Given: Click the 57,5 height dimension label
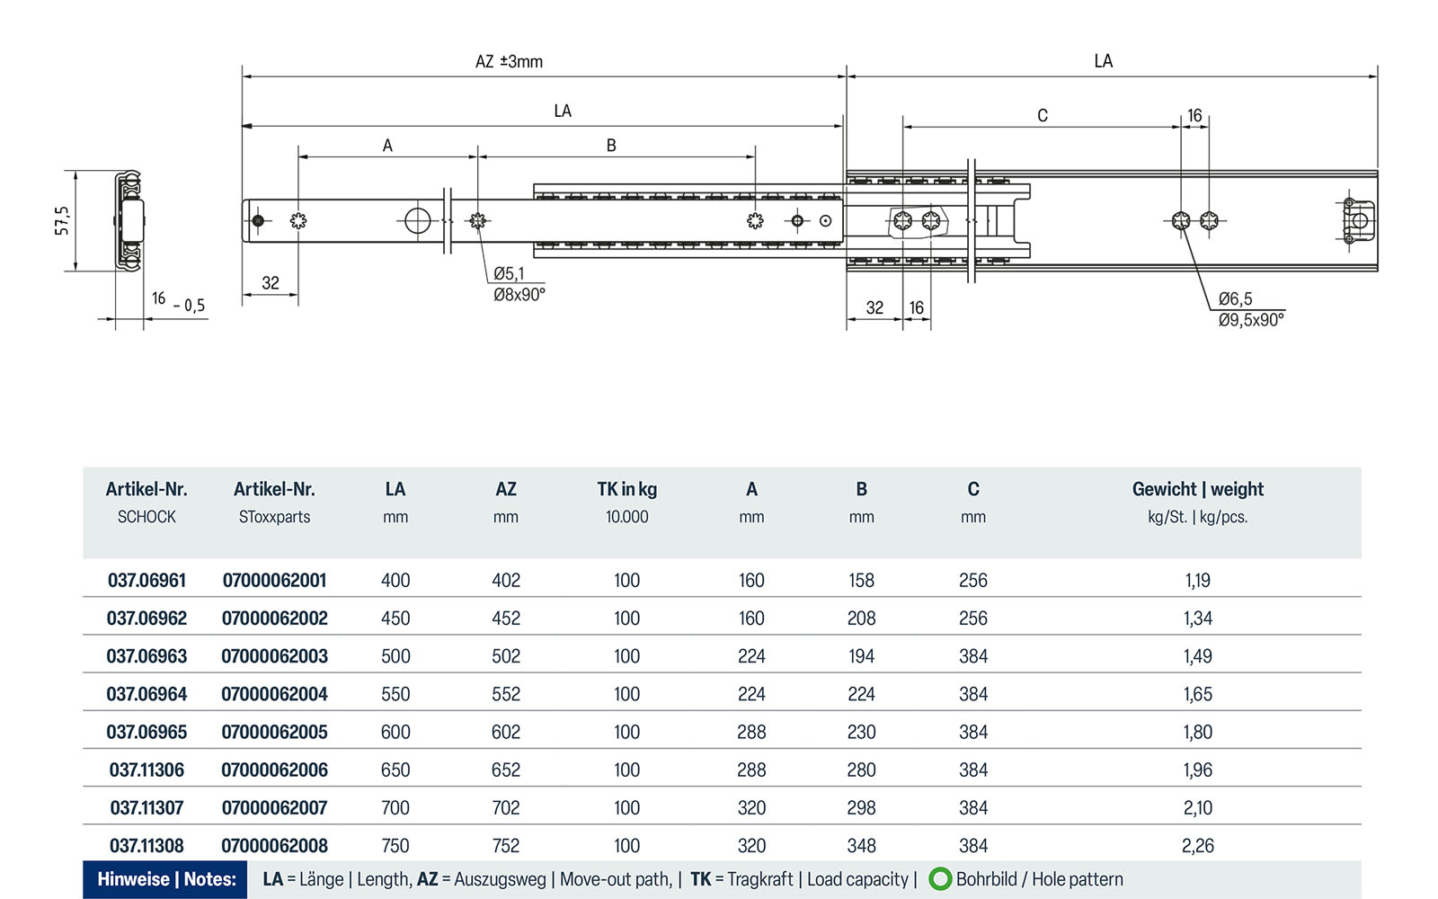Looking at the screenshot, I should pos(61,220).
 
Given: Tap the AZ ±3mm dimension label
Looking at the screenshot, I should pos(509,62).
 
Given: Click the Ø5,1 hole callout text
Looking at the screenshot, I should pos(509,273).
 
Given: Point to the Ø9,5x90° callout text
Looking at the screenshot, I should pos(1251,320).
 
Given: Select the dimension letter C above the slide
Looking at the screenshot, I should pos(1043,116).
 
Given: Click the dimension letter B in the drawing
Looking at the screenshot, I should pos(611,146).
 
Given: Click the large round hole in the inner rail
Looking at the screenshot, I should pos(417,220).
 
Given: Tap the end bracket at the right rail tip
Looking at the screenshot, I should pos(1358,221).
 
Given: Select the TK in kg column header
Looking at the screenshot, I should pos(626,490).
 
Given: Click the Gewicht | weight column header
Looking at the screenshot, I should pos(1197,490).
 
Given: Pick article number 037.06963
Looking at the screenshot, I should pos(146,656).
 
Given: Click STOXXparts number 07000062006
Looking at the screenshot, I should pos(274,770).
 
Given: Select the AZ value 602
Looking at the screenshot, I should pos(505,733).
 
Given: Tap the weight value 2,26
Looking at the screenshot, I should pos(1197,846).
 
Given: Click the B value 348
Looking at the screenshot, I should pos(861,846).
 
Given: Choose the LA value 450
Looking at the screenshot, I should pos(395,619).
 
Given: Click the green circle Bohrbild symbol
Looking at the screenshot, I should pos(940,879).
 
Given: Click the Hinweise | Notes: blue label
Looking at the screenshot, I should pos(166,879).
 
